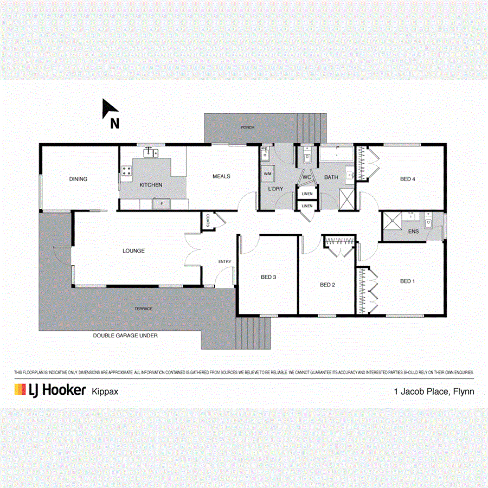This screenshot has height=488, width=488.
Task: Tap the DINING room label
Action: click(x=78, y=179)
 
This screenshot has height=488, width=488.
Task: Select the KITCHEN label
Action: click(x=151, y=185)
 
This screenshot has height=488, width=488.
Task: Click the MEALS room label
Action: click(x=221, y=176)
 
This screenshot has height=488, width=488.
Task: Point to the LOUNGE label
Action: click(x=133, y=251)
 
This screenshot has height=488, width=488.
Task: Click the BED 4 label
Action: click(x=408, y=179)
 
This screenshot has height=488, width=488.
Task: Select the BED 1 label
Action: click(x=408, y=281)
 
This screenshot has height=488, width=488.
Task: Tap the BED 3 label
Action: click(x=269, y=277)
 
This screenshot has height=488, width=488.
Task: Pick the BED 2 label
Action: click(x=328, y=284)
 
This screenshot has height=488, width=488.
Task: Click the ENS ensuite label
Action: click(x=413, y=232)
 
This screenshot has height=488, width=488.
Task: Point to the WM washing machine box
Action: click(x=267, y=174)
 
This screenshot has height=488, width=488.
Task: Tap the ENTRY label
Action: click(x=224, y=261)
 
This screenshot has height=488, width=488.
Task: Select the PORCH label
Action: click(x=247, y=127)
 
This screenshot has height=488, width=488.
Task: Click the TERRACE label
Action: click(x=144, y=309)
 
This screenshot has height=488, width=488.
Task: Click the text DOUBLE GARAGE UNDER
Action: click(x=125, y=336)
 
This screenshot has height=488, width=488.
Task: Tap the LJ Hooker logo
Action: click(x=50, y=390)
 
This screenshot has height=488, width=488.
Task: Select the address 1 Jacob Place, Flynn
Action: click(x=434, y=390)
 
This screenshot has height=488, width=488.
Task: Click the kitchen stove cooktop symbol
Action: click(x=127, y=171)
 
